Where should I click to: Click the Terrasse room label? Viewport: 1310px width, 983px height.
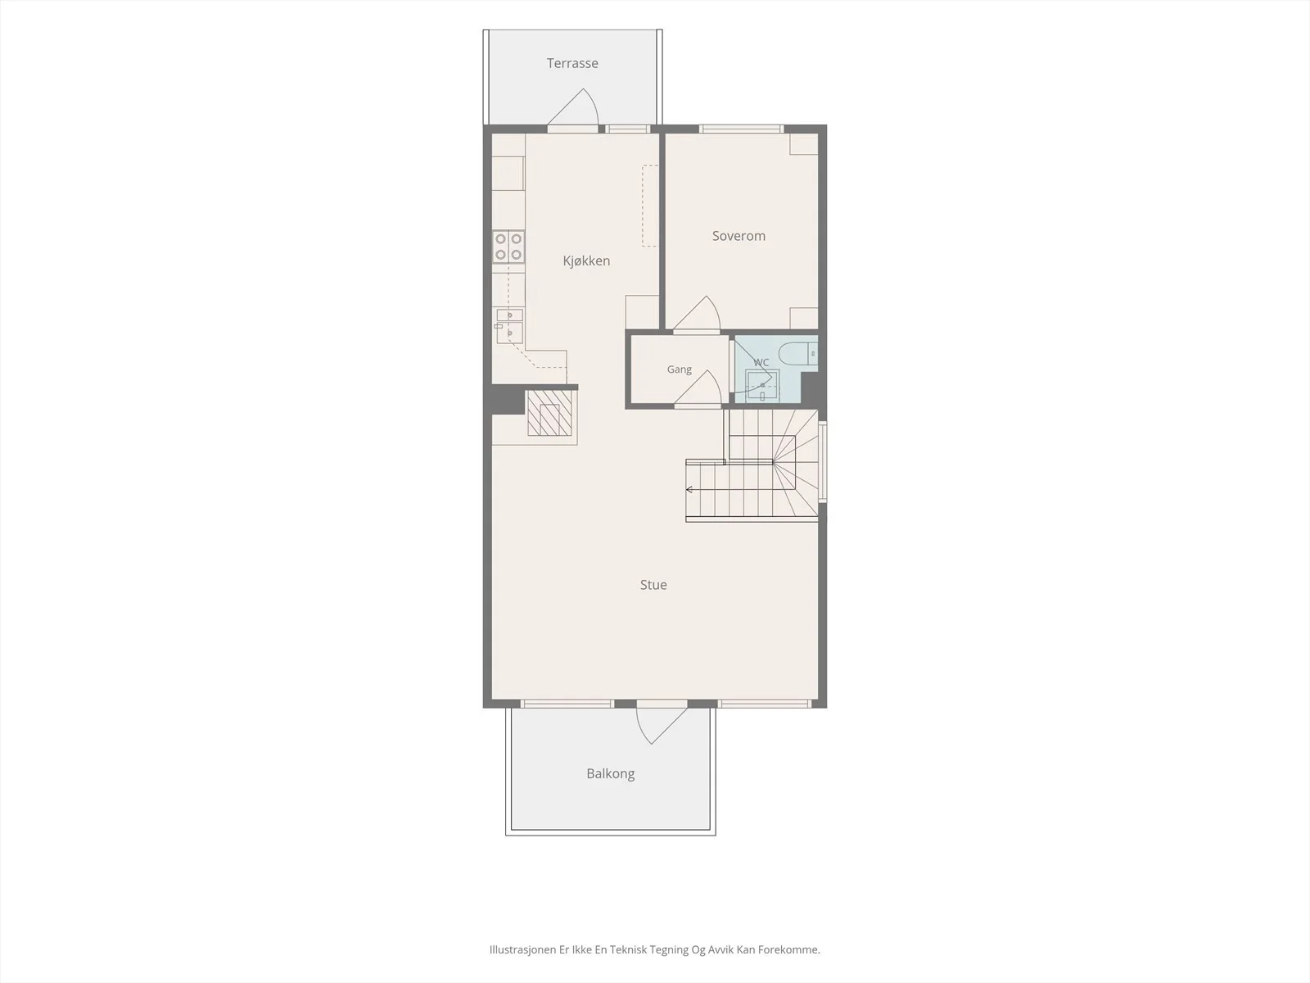point(572,63)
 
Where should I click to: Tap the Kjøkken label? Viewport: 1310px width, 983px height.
point(587,260)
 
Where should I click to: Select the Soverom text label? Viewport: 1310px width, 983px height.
point(739,236)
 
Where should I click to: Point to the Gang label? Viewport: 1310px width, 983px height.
point(680,369)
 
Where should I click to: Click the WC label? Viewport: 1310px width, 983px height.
point(761,362)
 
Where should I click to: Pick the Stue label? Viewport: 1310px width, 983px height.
point(653,585)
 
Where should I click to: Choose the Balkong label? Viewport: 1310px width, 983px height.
point(611,773)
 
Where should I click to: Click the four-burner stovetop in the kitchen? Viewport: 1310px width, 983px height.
point(508,247)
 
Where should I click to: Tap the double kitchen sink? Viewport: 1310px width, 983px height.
point(510,326)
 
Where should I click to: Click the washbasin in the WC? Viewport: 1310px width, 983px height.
point(763,386)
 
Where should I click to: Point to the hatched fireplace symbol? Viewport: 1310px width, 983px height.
point(549,413)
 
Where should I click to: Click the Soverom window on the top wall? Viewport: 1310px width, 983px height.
point(741,129)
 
